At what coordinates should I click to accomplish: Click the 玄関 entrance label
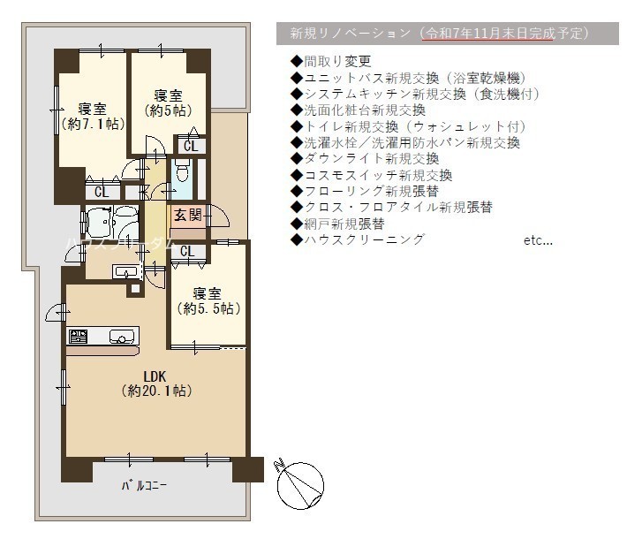click(x=187, y=216)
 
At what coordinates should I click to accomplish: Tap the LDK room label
click(x=155, y=376)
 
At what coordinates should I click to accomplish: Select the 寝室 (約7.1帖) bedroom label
click(x=93, y=117)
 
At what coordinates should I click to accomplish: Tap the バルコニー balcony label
click(x=144, y=486)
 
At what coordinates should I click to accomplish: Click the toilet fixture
click(x=182, y=171)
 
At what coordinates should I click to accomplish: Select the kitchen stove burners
click(x=79, y=336)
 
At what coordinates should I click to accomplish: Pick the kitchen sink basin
click(x=121, y=336)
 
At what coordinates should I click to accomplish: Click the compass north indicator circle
click(x=300, y=485)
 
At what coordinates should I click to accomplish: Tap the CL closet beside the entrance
click(x=187, y=252)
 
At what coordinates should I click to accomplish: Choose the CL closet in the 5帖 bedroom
click(x=191, y=146)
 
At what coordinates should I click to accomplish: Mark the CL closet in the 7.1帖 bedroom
click(x=102, y=192)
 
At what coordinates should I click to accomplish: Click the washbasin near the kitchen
click(x=126, y=271)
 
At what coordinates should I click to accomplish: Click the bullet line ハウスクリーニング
click(x=358, y=239)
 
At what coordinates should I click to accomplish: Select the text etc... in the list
click(x=538, y=240)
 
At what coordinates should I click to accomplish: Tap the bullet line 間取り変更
click(x=331, y=61)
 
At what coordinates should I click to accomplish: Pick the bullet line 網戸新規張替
click(x=338, y=224)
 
